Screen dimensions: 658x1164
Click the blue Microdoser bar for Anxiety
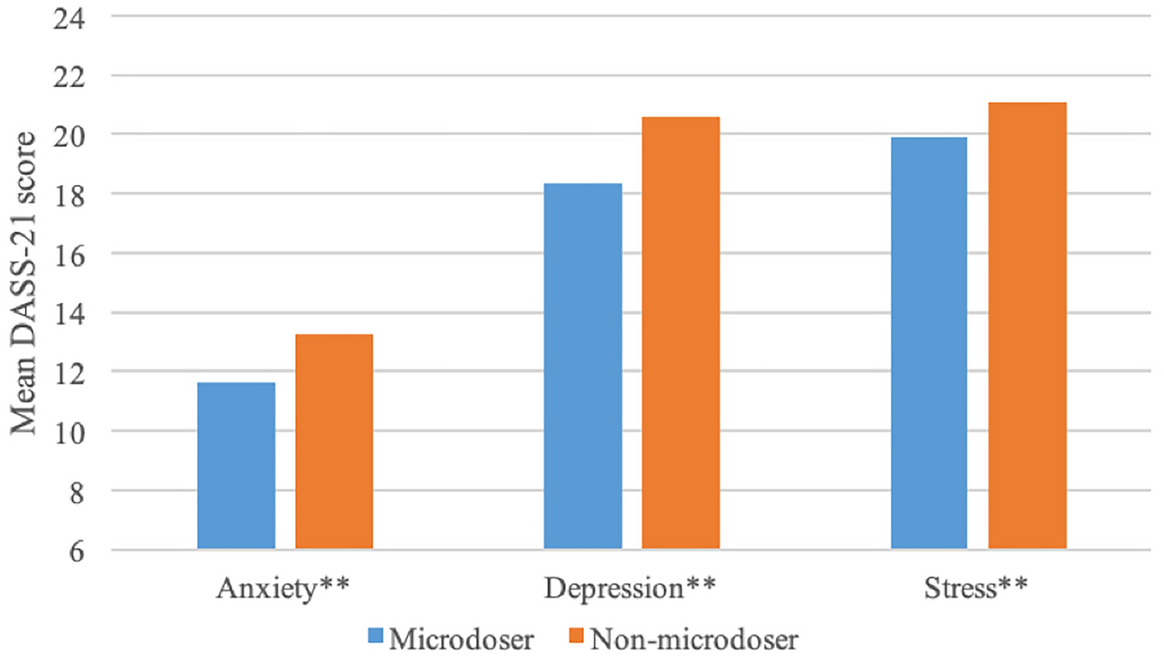236,465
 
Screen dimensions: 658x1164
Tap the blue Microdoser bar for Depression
582,366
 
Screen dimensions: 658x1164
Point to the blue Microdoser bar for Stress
929,343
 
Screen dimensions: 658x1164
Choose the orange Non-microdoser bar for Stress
1027,326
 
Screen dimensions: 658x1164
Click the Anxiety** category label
283,588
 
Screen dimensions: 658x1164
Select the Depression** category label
629,589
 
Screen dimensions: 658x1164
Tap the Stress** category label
975,588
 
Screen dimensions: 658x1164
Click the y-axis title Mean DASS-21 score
23,284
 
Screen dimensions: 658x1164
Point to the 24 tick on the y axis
69,18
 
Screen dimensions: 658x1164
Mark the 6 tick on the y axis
76,552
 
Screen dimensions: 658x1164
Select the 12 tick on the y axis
69,374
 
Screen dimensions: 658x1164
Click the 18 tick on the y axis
69,196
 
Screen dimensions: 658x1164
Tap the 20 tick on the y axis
69,137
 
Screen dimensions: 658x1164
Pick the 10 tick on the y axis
69,433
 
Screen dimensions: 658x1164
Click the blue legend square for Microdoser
376,636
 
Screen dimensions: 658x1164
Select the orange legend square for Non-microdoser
575,636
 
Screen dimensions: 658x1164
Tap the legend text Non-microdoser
694,639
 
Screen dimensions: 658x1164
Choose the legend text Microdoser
461,639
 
